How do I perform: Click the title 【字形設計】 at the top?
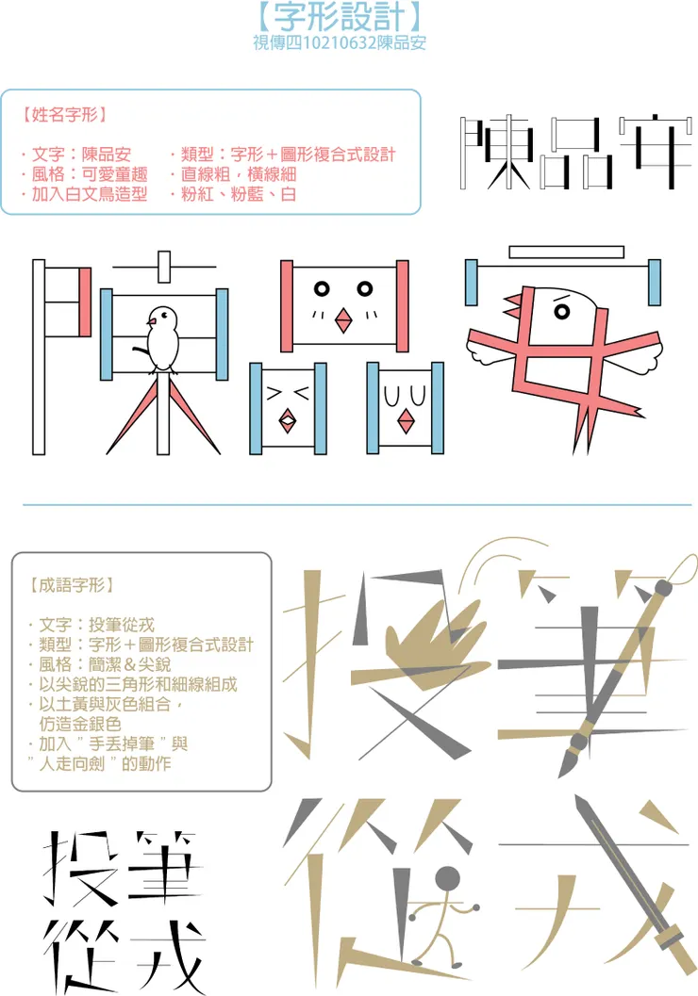pyautogui.click(x=338, y=18)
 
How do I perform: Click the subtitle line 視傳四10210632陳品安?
pyautogui.click(x=339, y=43)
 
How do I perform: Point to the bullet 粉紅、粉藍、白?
pyautogui.click(x=233, y=195)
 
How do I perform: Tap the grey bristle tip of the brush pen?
pyautogui.click(x=568, y=759)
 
